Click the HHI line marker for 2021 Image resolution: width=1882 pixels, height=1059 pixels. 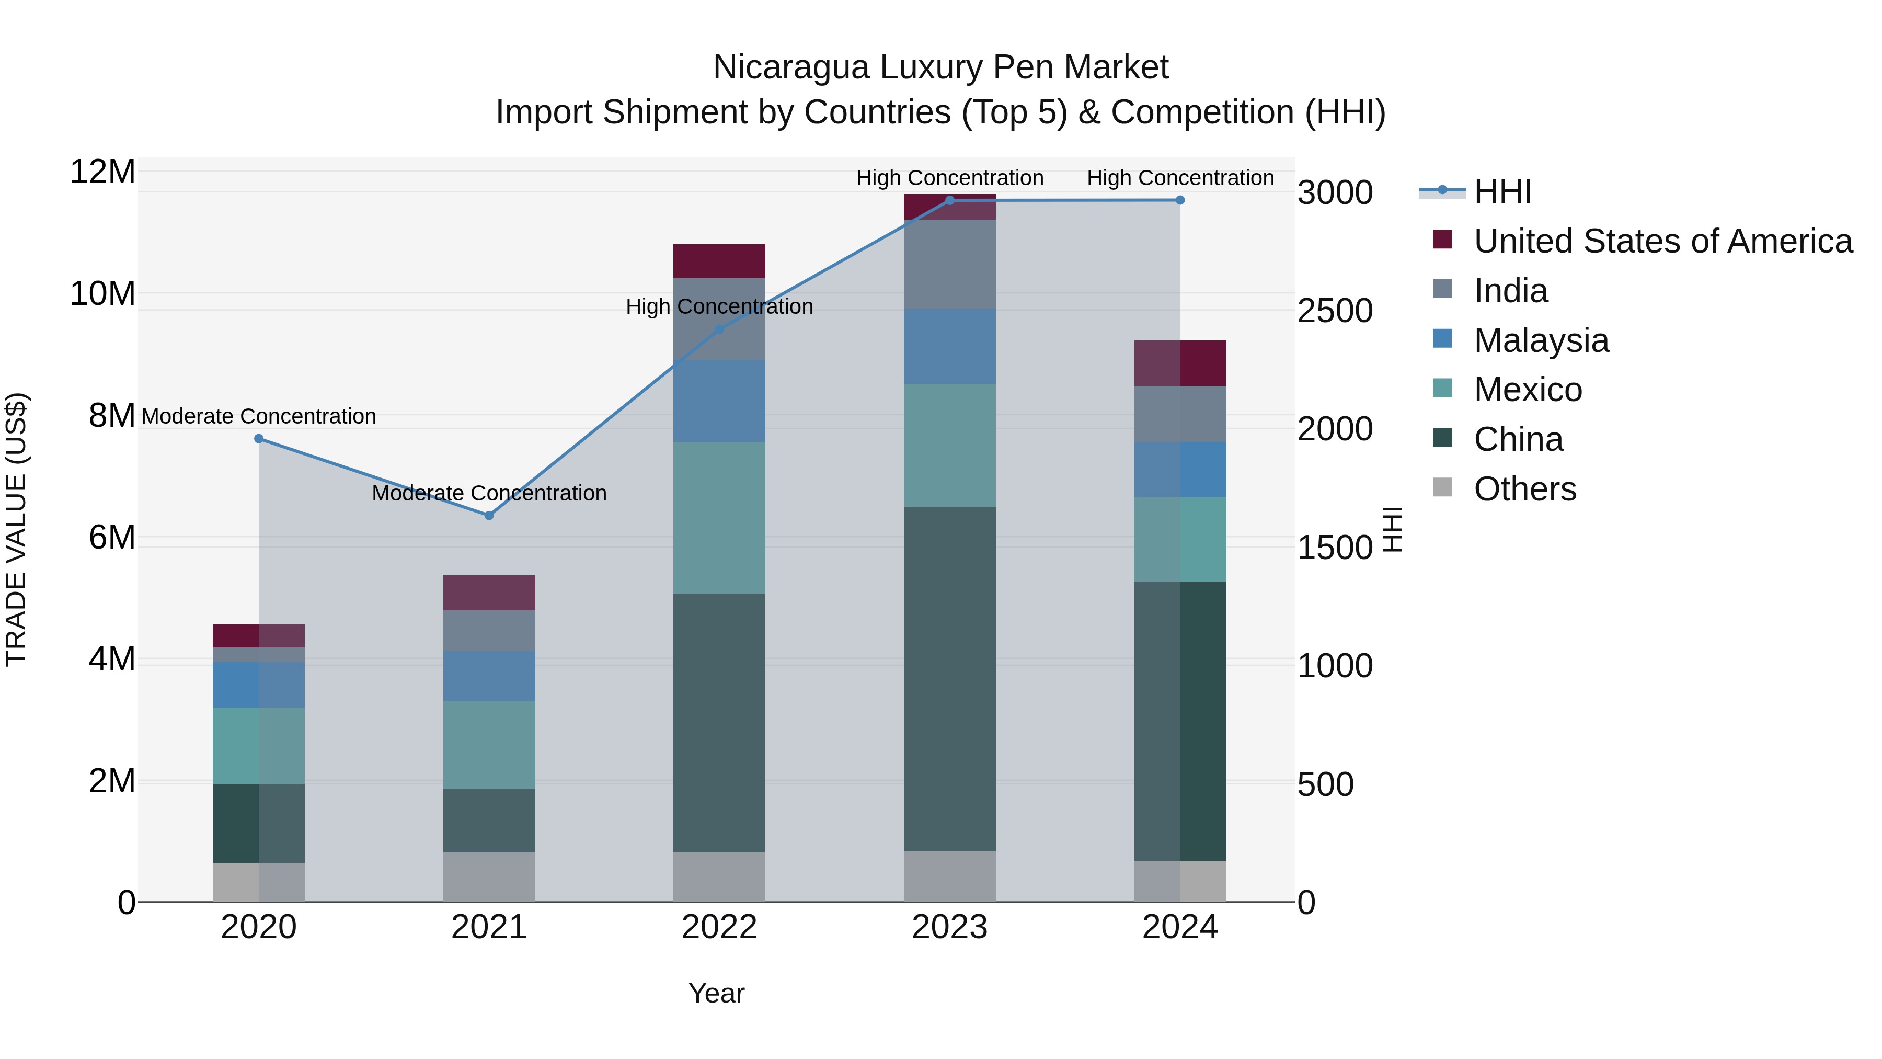489,515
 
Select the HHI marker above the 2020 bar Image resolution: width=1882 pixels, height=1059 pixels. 259,439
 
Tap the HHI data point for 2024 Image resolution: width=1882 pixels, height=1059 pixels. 1180,200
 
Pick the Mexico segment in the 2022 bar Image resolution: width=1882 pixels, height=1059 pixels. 719,517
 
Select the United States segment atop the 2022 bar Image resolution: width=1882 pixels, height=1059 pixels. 719,261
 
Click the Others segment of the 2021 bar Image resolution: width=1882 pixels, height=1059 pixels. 489,876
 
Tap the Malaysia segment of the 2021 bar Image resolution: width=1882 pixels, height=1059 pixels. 489,676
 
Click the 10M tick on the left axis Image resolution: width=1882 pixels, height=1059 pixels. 102,294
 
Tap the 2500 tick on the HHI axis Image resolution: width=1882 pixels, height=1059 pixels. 1334,311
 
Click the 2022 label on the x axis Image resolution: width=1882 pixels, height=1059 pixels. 719,927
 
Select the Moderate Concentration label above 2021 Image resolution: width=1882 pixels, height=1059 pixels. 489,493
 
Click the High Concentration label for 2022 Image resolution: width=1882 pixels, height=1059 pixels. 719,306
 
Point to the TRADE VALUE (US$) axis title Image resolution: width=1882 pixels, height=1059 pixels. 16,529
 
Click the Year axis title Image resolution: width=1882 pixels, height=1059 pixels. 716,993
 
